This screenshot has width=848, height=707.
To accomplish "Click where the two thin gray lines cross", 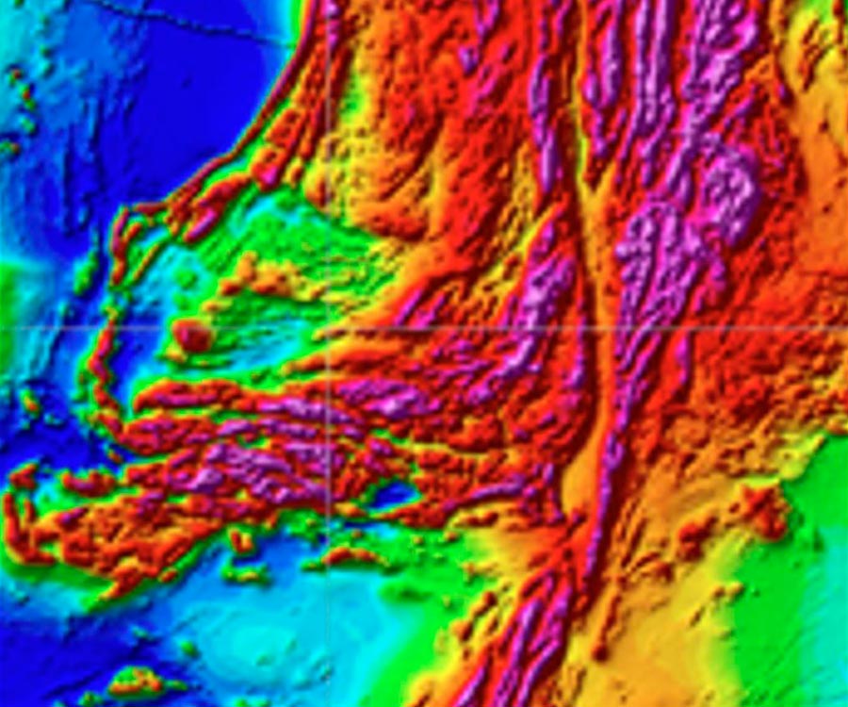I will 327,328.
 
